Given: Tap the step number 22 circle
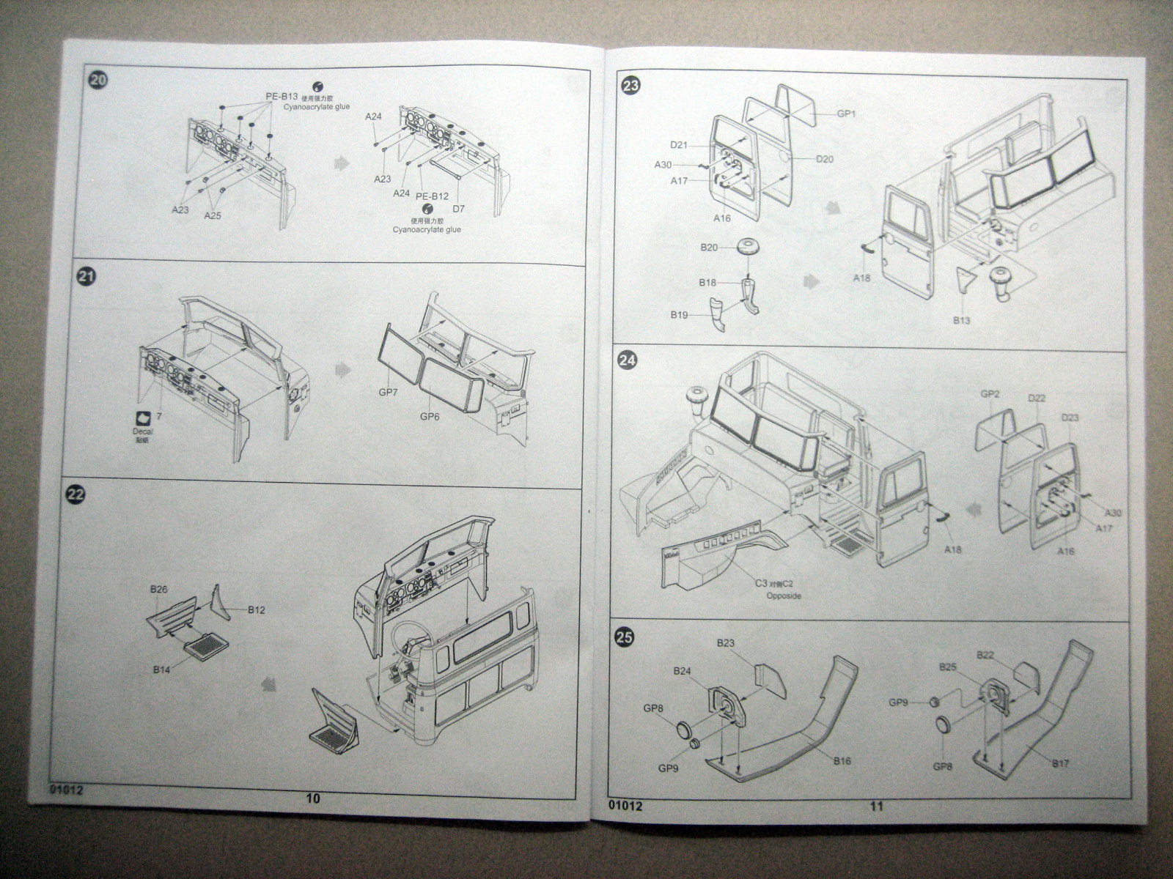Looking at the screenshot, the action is [x=76, y=494].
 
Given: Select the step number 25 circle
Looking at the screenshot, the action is [x=625, y=638].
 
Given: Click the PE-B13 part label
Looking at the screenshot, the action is [x=282, y=97].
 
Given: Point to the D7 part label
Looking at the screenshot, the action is [x=458, y=209].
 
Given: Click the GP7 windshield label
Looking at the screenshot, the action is [x=389, y=393].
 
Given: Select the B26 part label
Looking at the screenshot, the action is [x=159, y=588].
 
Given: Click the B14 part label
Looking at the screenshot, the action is [x=162, y=668].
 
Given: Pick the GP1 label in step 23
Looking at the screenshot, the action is [x=847, y=114].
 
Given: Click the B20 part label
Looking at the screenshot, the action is [x=709, y=248].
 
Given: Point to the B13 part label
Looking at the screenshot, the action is [x=961, y=320].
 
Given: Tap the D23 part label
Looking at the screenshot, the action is [x=1070, y=418].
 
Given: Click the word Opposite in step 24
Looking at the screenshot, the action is [x=784, y=596].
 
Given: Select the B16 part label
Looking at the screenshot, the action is [x=842, y=761].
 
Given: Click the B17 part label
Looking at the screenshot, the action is [x=1060, y=763].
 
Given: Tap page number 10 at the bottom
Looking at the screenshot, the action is [x=313, y=799].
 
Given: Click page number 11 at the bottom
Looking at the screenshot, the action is [x=877, y=806].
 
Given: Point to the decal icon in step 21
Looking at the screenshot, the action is [x=145, y=418].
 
